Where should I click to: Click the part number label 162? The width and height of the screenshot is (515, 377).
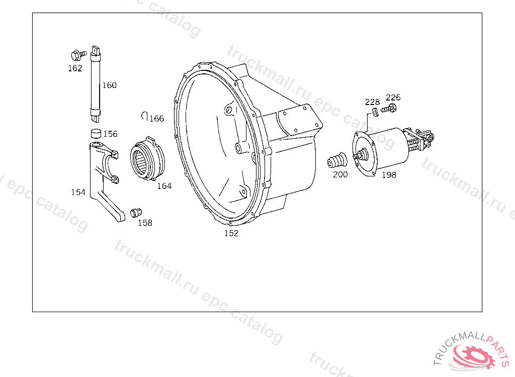75,68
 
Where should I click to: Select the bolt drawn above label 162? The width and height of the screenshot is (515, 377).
78,55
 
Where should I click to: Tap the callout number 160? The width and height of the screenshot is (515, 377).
109,85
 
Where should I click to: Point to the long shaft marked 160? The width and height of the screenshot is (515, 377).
96,84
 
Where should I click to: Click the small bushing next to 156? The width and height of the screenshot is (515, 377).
96,133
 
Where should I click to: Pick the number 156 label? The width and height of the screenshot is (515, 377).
110,134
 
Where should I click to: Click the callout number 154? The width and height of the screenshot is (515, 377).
78,192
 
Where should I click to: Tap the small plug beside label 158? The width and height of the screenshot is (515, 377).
136,212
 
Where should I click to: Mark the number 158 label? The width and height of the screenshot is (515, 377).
145,223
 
